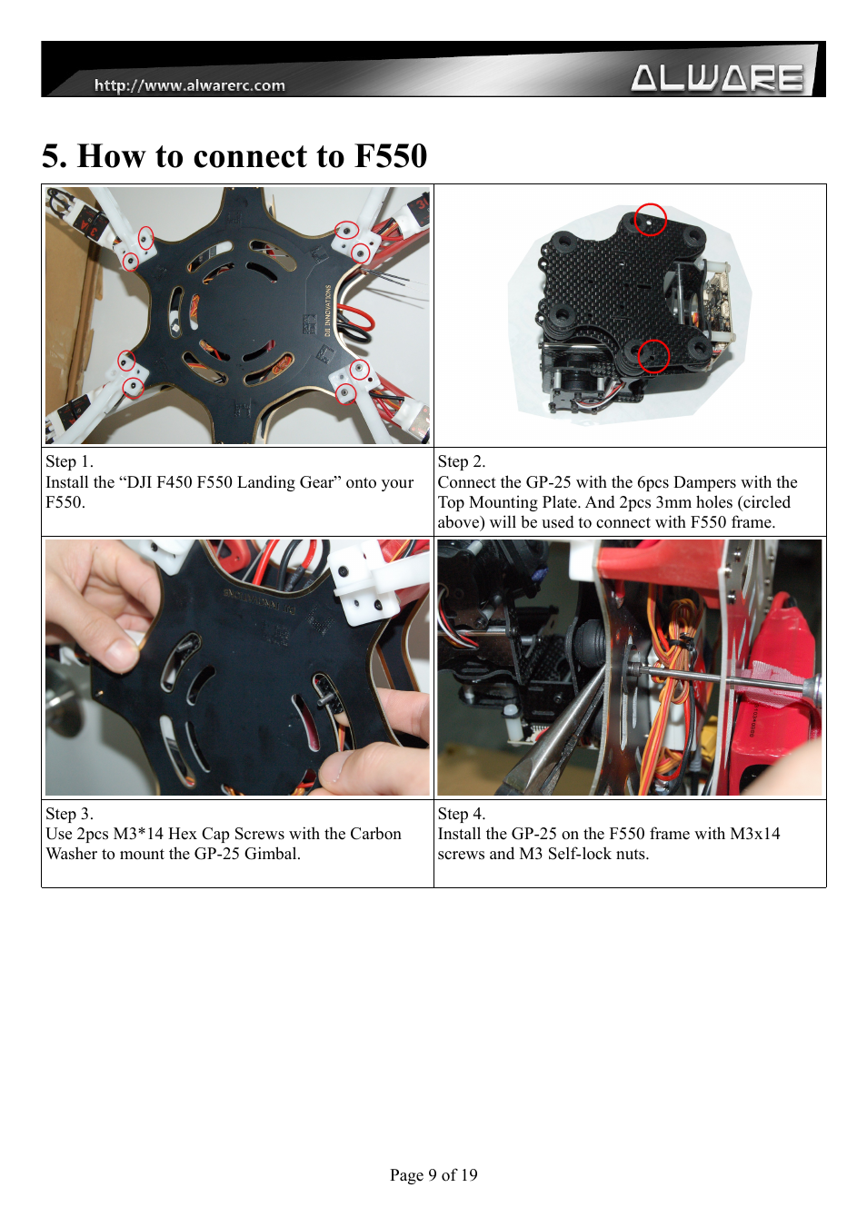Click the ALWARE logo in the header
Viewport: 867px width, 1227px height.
[717, 78]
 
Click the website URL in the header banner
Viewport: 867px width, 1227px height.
[190, 85]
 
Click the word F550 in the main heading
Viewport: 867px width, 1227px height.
[391, 155]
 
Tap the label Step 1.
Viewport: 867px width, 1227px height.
[70, 461]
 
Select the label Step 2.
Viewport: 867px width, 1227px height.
[462, 461]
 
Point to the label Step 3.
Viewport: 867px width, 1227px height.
[70, 814]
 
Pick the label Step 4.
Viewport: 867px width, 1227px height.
[462, 814]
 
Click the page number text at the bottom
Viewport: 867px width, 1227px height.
[433, 1174]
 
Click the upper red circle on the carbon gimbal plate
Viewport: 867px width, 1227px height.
[651, 220]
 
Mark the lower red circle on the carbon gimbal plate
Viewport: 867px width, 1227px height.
[653, 357]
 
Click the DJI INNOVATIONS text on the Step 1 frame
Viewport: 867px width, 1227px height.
[328, 310]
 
